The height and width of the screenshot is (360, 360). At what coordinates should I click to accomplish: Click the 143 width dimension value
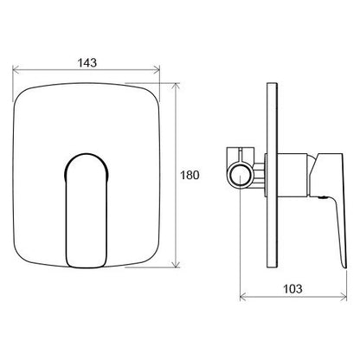87,62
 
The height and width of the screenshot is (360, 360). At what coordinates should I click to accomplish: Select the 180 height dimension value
190,175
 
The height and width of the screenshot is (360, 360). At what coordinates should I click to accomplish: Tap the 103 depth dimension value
292,289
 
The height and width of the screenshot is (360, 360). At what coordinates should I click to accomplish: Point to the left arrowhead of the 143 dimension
16,69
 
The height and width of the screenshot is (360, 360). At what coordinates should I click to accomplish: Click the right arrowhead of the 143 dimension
157,69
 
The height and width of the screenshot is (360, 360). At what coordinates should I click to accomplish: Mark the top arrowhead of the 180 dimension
176,86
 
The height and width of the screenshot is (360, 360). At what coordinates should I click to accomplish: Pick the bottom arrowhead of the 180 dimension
176,265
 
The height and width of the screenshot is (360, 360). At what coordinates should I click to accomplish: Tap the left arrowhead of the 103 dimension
243,296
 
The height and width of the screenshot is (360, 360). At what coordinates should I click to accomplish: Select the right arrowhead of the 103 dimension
344,296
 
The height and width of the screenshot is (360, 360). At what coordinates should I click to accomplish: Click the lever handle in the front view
87,210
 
